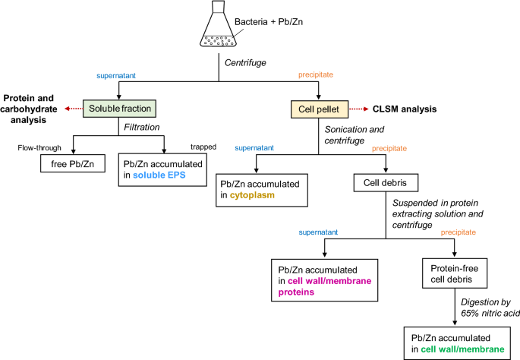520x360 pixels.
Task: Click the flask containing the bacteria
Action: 221,29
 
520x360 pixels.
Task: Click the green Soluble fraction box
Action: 119,109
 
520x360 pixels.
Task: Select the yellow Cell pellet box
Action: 317,109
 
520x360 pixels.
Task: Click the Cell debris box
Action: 386,183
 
